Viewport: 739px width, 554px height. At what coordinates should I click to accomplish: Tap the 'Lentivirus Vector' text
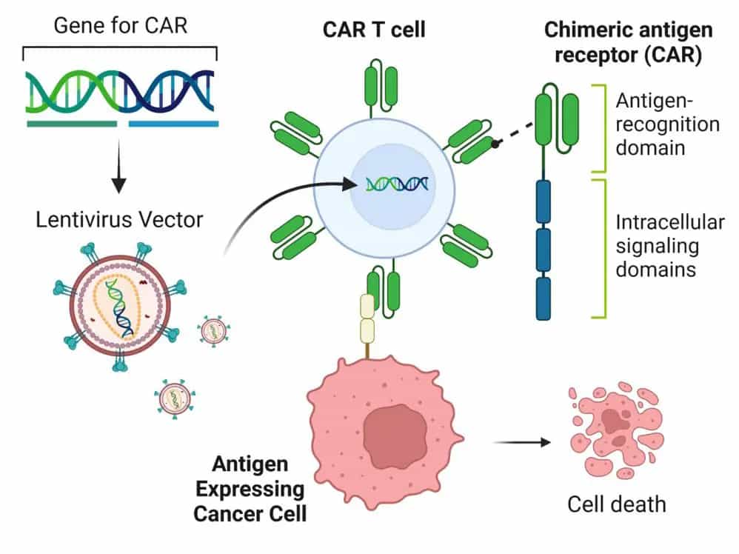click(119, 219)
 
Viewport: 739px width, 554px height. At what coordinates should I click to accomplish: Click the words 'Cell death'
click(616, 504)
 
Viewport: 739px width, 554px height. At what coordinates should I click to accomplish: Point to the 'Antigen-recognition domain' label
click(666, 124)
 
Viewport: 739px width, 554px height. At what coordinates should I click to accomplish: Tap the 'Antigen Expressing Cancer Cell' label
click(249, 490)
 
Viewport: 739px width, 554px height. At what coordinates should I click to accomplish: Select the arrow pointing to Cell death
click(523, 443)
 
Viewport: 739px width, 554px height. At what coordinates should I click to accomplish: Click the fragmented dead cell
click(609, 430)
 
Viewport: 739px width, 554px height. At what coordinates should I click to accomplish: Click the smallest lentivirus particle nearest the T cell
click(212, 331)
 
